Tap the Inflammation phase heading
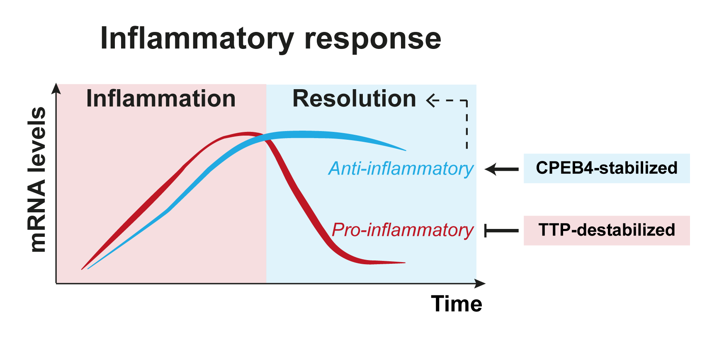click(x=161, y=99)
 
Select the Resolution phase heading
click(x=354, y=99)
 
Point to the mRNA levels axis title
click(x=37, y=180)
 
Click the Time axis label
click(x=457, y=304)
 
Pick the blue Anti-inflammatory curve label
click(x=401, y=169)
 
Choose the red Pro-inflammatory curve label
click(x=402, y=230)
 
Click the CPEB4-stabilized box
click(x=606, y=168)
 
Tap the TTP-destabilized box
click(x=606, y=230)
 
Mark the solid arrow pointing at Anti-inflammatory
click(x=501, y=169)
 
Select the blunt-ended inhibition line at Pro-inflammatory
click(x=501, y=231)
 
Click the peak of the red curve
click(x=247, y=133)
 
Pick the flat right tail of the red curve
click(x=386, y=262)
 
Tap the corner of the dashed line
click(x=467, y=101)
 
